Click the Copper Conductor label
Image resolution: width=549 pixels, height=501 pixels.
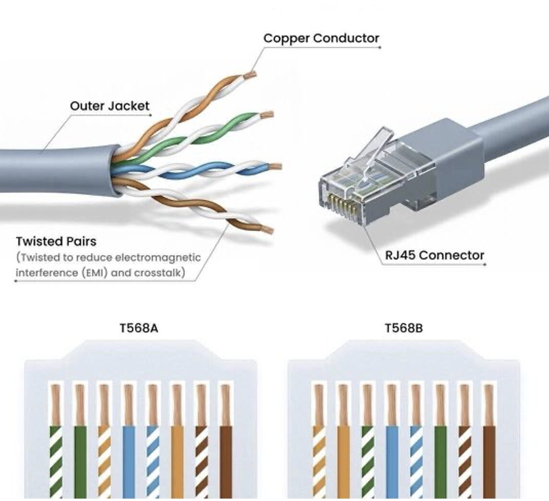(321, 38)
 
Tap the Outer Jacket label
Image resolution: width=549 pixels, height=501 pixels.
(109, 106)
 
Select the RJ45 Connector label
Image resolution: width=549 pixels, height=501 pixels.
(434, 255)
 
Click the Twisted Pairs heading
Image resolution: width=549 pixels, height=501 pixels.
(56, 241)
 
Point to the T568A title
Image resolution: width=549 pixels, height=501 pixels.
(139, 328)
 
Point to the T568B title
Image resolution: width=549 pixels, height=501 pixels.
(404, 328)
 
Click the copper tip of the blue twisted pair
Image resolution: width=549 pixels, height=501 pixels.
(275, 167)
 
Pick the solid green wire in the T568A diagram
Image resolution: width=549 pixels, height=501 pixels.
(80, 461)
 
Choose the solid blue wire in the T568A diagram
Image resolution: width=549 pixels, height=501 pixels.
(129, 461)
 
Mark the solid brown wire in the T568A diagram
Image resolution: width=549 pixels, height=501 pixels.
(226, 461)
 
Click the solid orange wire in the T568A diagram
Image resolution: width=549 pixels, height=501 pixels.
(177, 461)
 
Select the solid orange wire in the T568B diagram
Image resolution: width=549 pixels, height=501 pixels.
(343, 461)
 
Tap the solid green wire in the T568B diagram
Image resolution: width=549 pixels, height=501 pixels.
(440, 461)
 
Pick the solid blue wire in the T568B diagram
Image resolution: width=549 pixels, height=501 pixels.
(392, 461)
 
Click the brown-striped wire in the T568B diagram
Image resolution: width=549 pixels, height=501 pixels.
(464, 461)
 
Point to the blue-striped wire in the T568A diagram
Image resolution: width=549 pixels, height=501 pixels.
(153, 461)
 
